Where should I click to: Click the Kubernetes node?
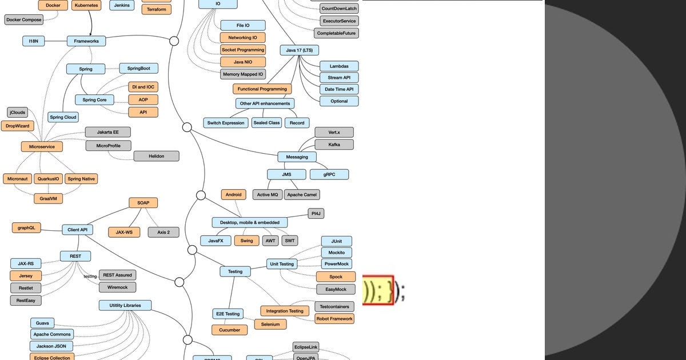pyautogui.click(x=87, y=5)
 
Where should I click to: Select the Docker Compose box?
pyautogui.click(x=23, y=19)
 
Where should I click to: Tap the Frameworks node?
pyautogui.click(x=86, y=41)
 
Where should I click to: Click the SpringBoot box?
pyautogui.click(x=138, y=68)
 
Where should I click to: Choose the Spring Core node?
pyautogui.click(x=94, y=100)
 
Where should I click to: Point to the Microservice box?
pyautogui.click(x=42, y=147)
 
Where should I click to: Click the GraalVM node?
pyautogui.click(x=47, y=198)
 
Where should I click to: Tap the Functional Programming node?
pyautogui.click(x=262, y=89)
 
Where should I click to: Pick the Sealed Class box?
pyautogui.click(x=266, y=123)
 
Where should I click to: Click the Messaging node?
pyautogui.click(x=297, y=157)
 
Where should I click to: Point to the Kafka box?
pyautogui.click(x=334, y=145)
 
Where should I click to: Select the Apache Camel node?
pyautogui.click(x=302, y=195)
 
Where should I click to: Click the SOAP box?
pyautogui.click(x=143, y=203)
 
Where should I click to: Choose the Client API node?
pyautogui.click(x=77, y=230)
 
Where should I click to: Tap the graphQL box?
pyautogui.click(x=26, y=227)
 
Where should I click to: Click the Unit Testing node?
pyautogui.click(x=282, y=264)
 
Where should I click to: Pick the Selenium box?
pyautogui.click(x=270, y=324)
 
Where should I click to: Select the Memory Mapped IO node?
pyautogui.click(x=243, y=74)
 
